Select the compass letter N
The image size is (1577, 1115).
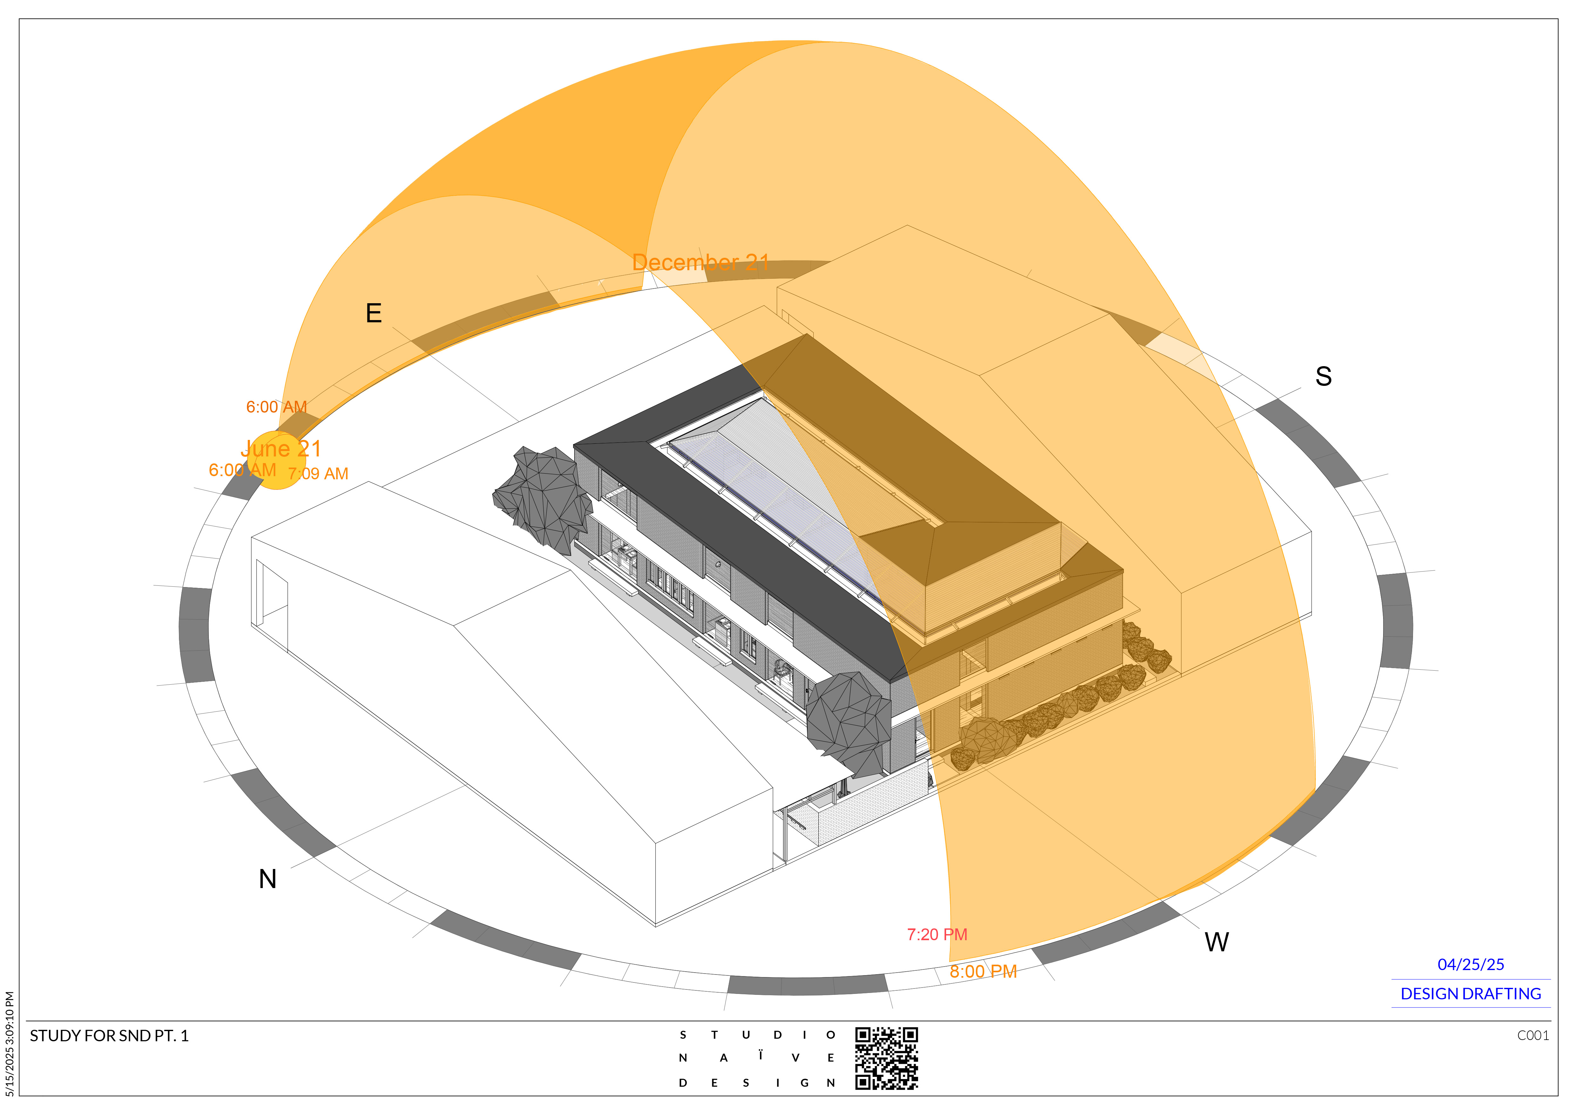tap(267, 879)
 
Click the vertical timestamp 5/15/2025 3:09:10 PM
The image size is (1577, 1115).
tap(10, 1043)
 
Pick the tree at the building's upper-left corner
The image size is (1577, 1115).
tap(543, 498)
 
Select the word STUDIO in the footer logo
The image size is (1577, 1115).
tap(756, 1035)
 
